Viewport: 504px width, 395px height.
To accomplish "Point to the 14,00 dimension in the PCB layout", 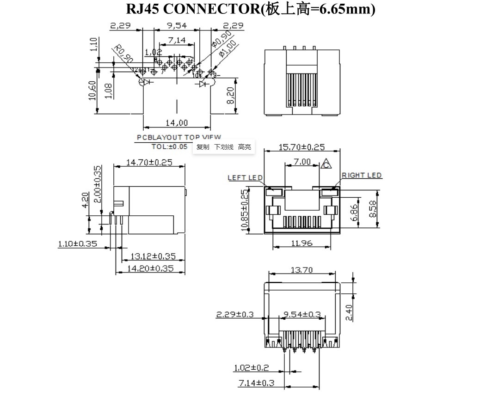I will coord(177,122).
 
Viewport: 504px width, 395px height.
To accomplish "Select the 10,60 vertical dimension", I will coord(92,90).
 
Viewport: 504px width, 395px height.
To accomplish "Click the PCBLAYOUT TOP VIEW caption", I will coord(178,137).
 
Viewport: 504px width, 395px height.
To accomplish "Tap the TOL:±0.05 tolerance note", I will coord(170,146).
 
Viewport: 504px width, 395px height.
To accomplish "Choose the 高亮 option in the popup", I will coord(245,147).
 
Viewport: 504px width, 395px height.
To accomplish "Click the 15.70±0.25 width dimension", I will coord(301,147).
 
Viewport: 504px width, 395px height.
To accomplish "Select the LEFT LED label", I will coord(245,178).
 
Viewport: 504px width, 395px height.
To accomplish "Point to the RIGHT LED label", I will coord(362,176).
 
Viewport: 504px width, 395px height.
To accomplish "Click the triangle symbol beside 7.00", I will coord(326,164).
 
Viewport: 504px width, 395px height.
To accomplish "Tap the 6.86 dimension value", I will coord(355,212).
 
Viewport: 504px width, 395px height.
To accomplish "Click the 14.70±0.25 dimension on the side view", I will coord(149,163).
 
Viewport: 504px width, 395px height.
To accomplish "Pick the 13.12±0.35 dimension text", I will coord(153,256).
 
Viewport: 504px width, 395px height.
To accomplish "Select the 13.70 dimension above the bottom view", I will coord(301,270).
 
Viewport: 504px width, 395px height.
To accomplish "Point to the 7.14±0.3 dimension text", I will coord(256,383).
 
